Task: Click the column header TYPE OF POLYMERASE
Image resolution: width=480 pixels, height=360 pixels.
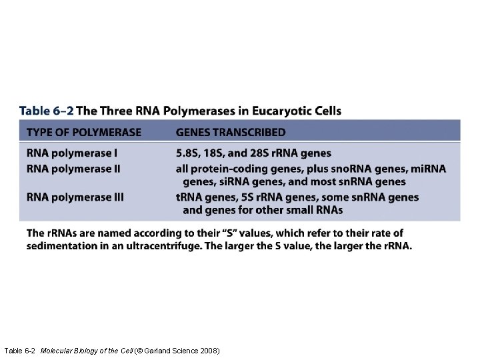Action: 84,132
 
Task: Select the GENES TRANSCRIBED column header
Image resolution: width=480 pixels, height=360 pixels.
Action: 231,132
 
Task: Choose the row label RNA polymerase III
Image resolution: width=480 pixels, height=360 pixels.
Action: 75,197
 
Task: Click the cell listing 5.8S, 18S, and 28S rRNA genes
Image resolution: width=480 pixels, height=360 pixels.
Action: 253,153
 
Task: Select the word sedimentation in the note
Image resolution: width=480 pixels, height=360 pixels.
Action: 58,245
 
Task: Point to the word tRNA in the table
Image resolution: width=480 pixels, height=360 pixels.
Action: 190,197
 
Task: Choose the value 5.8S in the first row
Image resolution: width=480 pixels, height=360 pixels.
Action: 189,153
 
